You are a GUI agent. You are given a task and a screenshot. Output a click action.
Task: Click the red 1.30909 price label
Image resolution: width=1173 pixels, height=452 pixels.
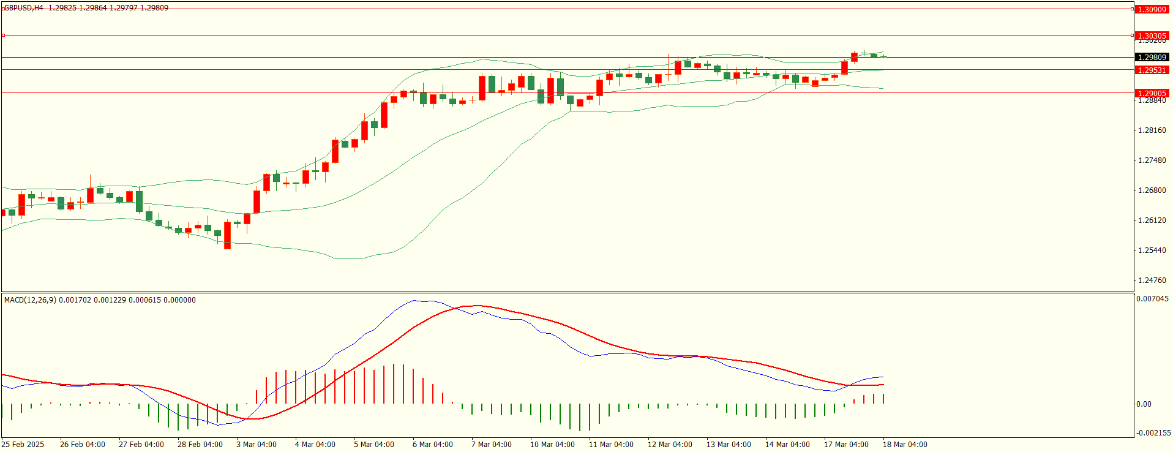tap(1152, 9)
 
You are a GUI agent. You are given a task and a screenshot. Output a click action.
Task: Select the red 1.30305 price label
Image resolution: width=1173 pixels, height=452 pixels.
tap(1152, 36)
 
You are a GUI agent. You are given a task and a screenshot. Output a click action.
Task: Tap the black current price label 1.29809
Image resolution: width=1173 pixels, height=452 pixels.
tap(1152, 58)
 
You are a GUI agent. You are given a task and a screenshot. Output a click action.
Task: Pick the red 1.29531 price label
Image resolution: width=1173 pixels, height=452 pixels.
tap(1152, 70)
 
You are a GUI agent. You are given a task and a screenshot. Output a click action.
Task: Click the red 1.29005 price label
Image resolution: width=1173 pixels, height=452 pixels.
tap(1152, 94)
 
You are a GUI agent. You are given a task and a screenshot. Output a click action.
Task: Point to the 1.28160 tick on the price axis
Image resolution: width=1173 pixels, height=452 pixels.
tap(1152, 130)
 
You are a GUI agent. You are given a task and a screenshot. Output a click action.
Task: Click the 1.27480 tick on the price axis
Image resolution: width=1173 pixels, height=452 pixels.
tap(1152, 160)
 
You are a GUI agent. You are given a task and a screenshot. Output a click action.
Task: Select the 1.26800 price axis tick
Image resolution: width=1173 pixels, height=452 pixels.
tap(1152, 190)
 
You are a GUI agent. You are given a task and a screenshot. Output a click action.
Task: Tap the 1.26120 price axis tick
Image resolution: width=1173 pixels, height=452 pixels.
tap(1152, 220)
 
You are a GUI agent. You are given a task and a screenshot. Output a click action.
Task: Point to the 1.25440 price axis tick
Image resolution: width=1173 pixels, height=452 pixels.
tap(1152, 250)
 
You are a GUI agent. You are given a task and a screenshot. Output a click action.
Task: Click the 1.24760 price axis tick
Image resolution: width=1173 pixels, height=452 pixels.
tap(1152, 281)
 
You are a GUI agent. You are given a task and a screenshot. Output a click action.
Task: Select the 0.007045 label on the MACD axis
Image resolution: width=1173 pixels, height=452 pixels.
tap(1152, 299)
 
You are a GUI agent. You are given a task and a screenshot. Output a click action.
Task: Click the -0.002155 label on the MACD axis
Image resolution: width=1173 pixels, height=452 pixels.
tap(1153, 433)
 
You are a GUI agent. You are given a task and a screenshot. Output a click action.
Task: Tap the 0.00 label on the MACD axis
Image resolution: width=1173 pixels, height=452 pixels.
tap(1144, 404)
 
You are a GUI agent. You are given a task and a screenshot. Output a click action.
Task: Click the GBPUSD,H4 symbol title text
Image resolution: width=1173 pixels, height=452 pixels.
tap(24, 8)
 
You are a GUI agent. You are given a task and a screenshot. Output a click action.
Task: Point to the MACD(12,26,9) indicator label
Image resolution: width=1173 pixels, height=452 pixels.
tap(30, 300)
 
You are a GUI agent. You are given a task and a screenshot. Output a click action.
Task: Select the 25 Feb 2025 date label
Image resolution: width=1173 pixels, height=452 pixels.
tap(23, 445)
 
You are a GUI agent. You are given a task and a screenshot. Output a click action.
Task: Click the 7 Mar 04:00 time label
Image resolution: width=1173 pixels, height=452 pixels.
tap(492, 445)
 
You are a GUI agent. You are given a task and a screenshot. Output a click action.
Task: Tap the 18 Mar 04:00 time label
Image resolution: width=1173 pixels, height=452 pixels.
tap(905, 445)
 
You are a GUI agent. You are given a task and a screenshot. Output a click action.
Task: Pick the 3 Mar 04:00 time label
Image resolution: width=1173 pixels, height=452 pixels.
tap(257, 445)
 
